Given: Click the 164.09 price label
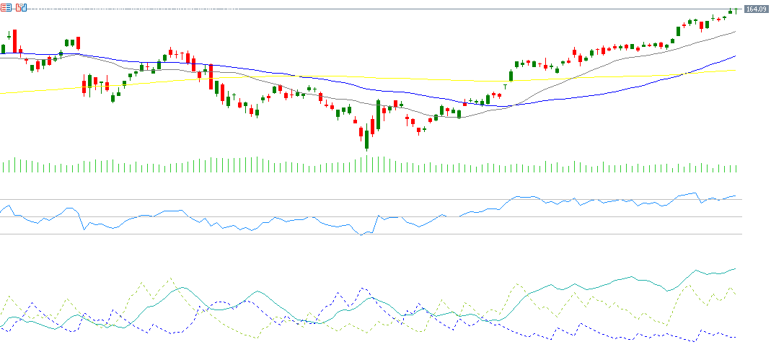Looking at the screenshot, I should point(755,9).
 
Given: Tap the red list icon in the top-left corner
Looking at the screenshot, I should point(6,7).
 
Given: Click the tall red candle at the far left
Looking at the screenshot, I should point(14,41).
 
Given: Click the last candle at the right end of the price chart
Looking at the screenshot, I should point(736,9).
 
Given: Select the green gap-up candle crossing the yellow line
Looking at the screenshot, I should point(511,75).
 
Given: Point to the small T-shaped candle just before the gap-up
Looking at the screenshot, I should point(505,86).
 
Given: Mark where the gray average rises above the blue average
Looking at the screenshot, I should point(511,106).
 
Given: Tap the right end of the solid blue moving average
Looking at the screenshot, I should point(736,56).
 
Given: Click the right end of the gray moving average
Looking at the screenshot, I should point(736,32).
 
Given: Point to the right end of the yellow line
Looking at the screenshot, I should point(736,70).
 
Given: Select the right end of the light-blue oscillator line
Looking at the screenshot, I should point(736,196).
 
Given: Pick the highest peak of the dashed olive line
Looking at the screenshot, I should point(170,278).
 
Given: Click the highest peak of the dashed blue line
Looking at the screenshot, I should point(363,289).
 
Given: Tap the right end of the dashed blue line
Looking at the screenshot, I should point(736,338).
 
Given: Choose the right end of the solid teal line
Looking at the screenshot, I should point(736,268).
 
